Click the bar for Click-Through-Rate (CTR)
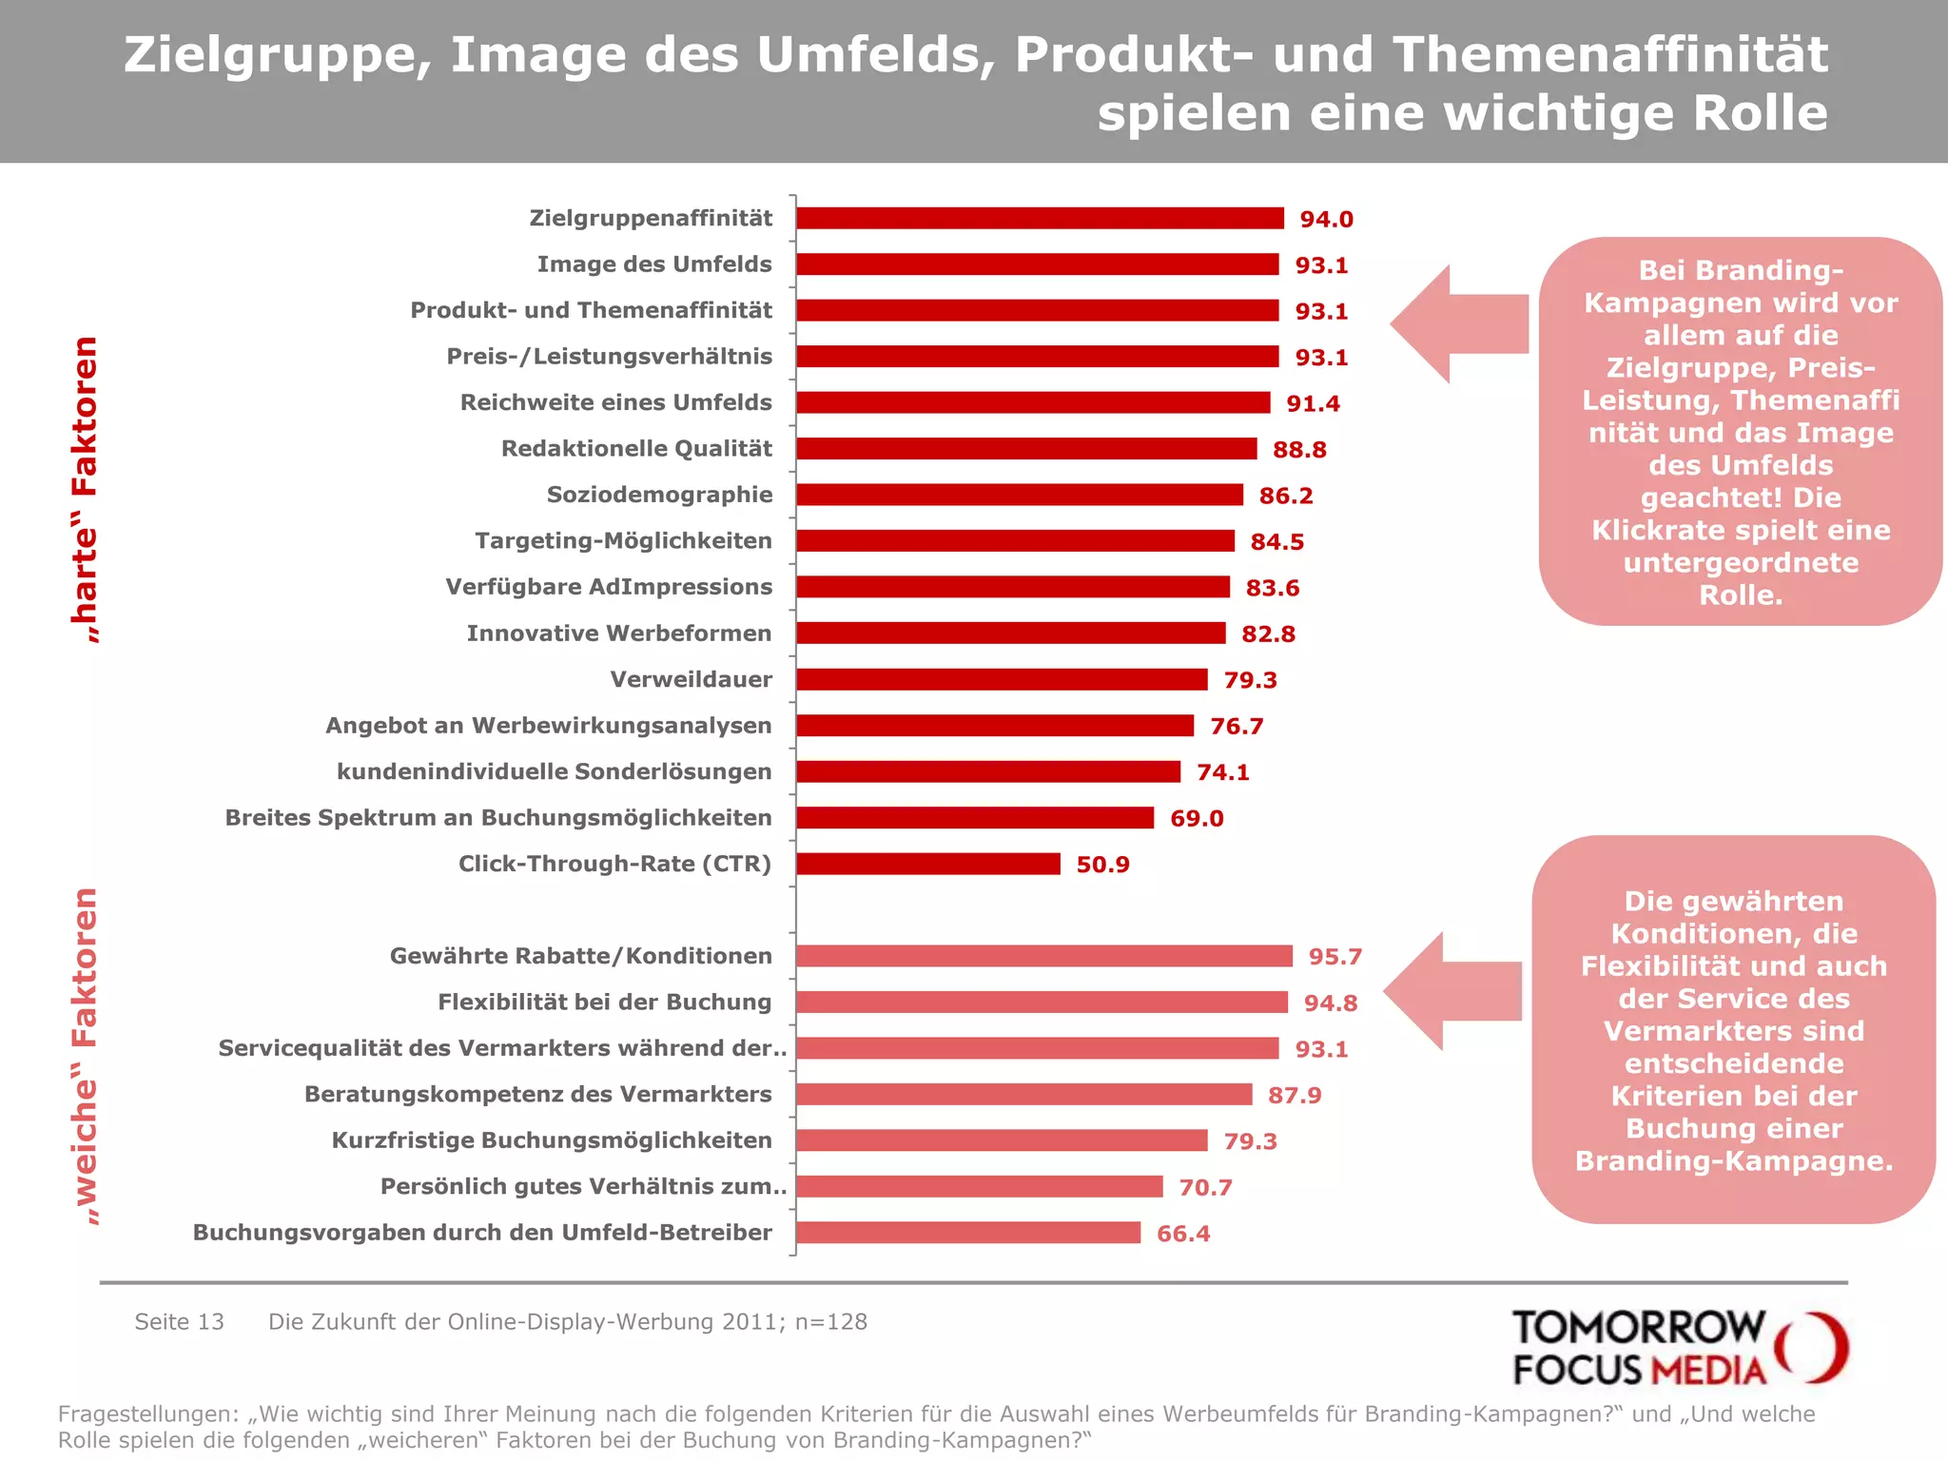pyautogui.click(x=927, y=864)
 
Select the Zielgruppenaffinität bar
pyautogui.click(x=1040, y=219)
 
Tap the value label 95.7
pyautogui.click(x=1334, y=957)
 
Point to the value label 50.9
pyautogui.click(x=1102, y=865)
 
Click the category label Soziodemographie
pyautogui.click(x=659, y=495)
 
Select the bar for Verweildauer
pyautogui.click(x=1001, y=679)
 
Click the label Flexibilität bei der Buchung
pyautogui.click(x=604, y=1003)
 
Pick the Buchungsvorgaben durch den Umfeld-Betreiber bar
pyautogui.click(x=967, y=1233)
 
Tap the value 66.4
pyautogui.click(x=1182, y=1234)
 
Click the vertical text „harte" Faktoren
pyautogui.click(x=86, y=490)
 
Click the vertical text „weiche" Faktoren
pyautogui.click(x=86, y=1056)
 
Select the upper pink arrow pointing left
pyautogui.click(x=1455, y=324)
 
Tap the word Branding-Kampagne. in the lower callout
pyautogui.click(x=1733, y=1161)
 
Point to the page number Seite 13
pyautogui.click(x=179, y=1322)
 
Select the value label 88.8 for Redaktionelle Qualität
pyautogui.click(x=1298, y=450)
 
